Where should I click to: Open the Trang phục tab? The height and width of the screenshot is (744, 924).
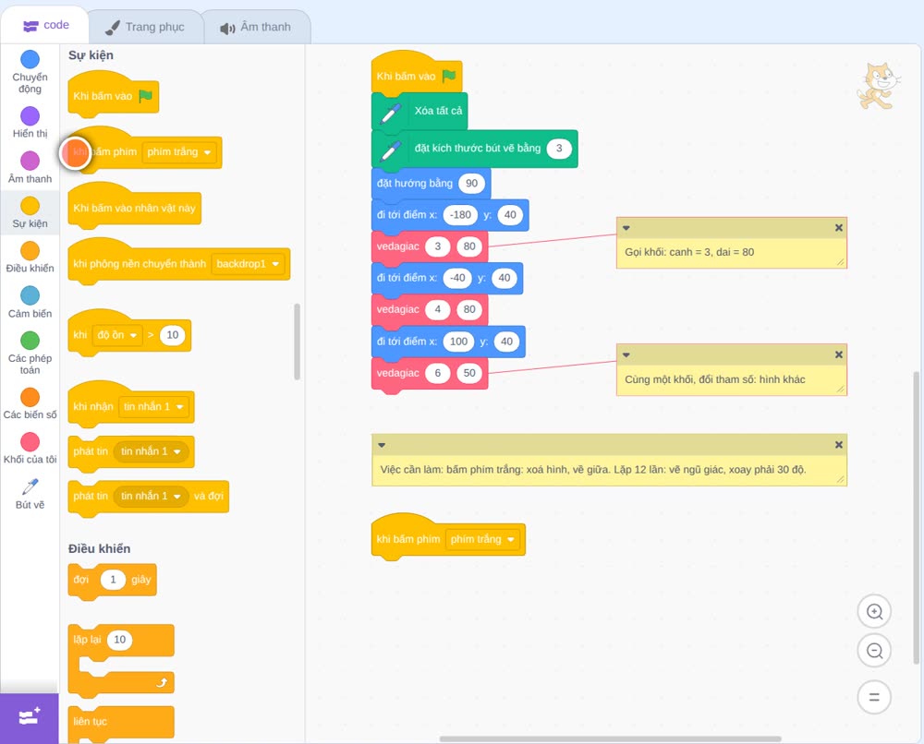click(x=145, y=27)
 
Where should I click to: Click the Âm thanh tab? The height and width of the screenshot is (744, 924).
click(x=256, y=27)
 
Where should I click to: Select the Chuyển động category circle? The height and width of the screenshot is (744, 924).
click(x=30, y=59)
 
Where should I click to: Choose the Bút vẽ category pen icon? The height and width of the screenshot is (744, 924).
click(x=30, y=486)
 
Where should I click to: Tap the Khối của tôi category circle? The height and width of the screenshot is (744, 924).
click(x=30, y=441)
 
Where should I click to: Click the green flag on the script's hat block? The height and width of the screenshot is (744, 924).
click(x=449, y=76)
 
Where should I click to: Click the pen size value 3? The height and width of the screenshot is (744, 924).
click(x=559, y=149)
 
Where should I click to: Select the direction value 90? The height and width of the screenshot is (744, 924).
click(x=471, y=183)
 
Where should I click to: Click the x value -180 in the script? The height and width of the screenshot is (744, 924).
click(x=460, y=215)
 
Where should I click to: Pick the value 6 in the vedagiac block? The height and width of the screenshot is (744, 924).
click(x=438, y=373)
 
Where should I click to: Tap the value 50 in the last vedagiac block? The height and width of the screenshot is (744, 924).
click(x=469, y=373)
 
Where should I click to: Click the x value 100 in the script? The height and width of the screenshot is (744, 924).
click(x=458, y=342)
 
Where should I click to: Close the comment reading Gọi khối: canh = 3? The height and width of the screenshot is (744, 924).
click(x=839, y=228)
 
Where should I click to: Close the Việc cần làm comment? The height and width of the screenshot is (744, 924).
click(x=839, y=445)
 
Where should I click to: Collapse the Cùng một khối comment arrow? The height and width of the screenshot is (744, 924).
click(x=626, y=355)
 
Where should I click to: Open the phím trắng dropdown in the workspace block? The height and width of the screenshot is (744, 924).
click(x=511, y=539)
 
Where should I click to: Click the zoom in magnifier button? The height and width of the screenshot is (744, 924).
click(x=874, y=612)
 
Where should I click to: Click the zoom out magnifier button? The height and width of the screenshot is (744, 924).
click(x=874, y=651)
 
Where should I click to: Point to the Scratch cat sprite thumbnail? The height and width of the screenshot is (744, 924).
click(x=878, y=87)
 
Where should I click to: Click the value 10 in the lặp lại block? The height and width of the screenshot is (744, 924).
click(x=119, y=640)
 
